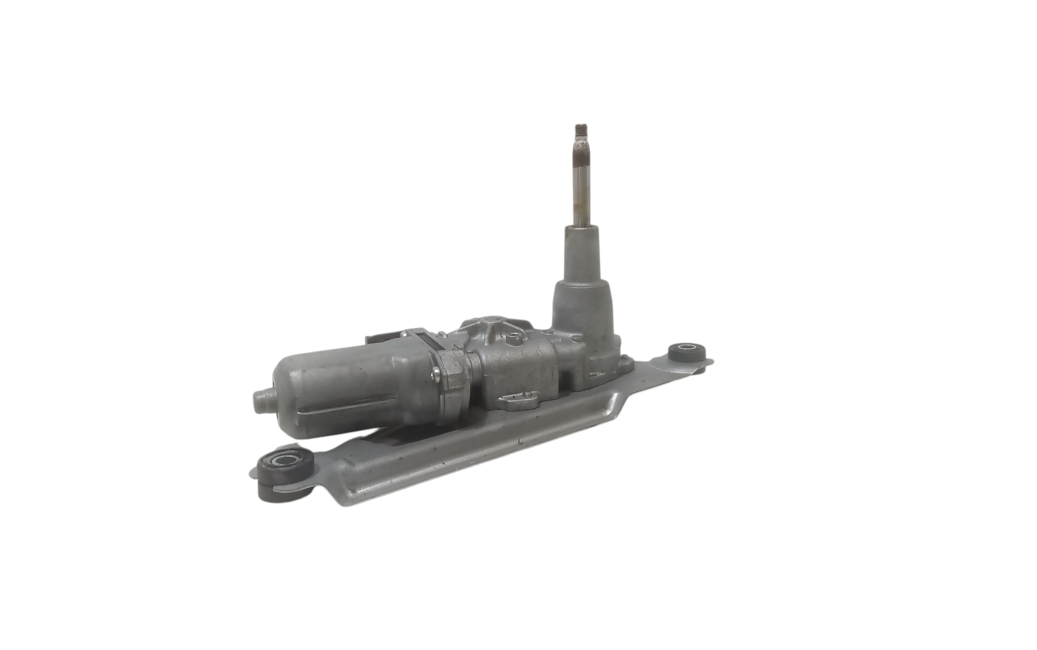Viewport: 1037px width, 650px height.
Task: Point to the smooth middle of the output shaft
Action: pyautogui.click(x=581, y=192)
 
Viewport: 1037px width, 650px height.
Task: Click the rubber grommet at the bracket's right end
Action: pyautogui.click(x=688, y=354)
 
